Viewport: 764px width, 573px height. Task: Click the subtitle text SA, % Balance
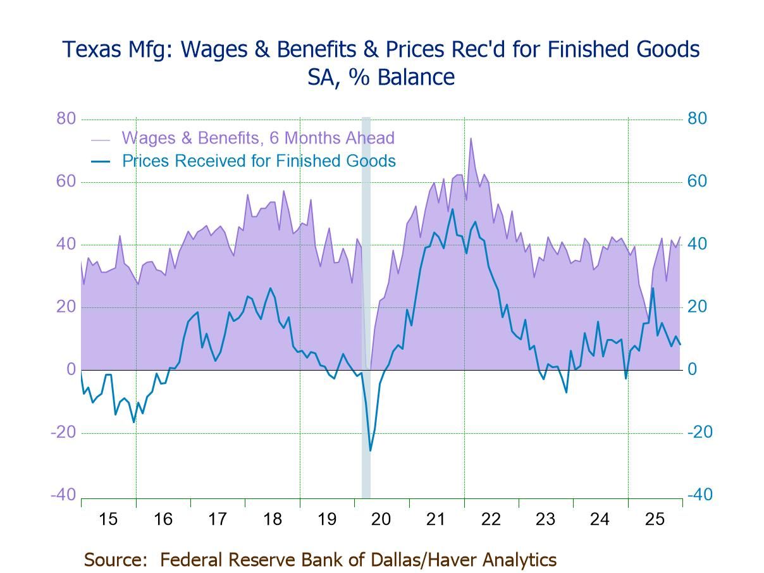click(x=381, y=77)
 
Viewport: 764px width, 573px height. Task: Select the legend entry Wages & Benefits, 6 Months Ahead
click(x=258, y=138)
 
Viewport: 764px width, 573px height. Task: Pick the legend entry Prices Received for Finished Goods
click(x=259, y=161)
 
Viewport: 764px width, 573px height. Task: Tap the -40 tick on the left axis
click(x=63, y=495)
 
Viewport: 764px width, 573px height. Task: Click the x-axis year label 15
click(x=108, y=519)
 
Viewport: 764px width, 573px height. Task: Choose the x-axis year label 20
click(x=381, y=519)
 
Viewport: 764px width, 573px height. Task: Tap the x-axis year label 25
click(x=655, y=519)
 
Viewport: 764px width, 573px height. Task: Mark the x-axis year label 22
click(x=491, y=519)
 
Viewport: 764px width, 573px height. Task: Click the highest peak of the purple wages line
click(x=471, y=139)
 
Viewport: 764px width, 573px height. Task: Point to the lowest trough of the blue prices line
click(x=370, y=450)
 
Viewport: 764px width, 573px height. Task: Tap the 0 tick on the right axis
click(x=693, y=369)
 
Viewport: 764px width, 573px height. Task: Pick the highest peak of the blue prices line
click(x=452, y=209)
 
